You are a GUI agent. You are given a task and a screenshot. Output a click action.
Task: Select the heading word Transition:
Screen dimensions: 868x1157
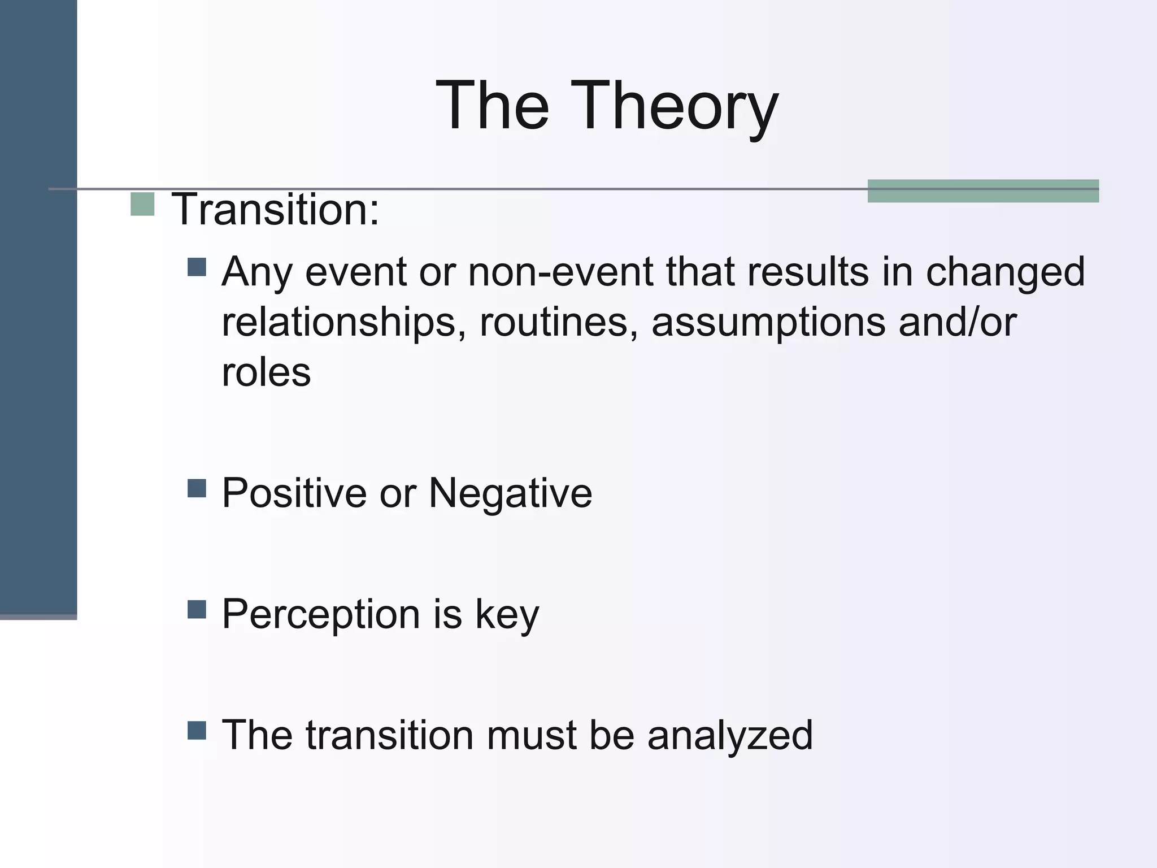point(275,210)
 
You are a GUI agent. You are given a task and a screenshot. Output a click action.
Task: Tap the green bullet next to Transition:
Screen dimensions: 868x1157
point(142,204)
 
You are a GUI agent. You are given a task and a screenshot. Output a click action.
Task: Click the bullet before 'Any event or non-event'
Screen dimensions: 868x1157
point(197,267)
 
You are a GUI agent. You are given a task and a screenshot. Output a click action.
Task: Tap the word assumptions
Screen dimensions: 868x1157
point(768,323)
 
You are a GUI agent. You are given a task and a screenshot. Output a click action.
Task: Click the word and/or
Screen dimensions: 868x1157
point(957,322)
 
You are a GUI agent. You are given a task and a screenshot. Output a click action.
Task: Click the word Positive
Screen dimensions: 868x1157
point(294,493)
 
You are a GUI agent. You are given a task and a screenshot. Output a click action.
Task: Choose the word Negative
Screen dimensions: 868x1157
point(510,493)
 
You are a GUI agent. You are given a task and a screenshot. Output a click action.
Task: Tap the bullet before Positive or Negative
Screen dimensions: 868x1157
point(197,488)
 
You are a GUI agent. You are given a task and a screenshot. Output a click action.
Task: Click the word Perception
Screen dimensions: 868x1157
point(320,614)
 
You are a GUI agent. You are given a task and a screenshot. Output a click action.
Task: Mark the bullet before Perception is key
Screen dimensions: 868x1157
point(197,609)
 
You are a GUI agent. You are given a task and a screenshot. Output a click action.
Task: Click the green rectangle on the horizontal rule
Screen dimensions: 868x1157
point(983,191)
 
